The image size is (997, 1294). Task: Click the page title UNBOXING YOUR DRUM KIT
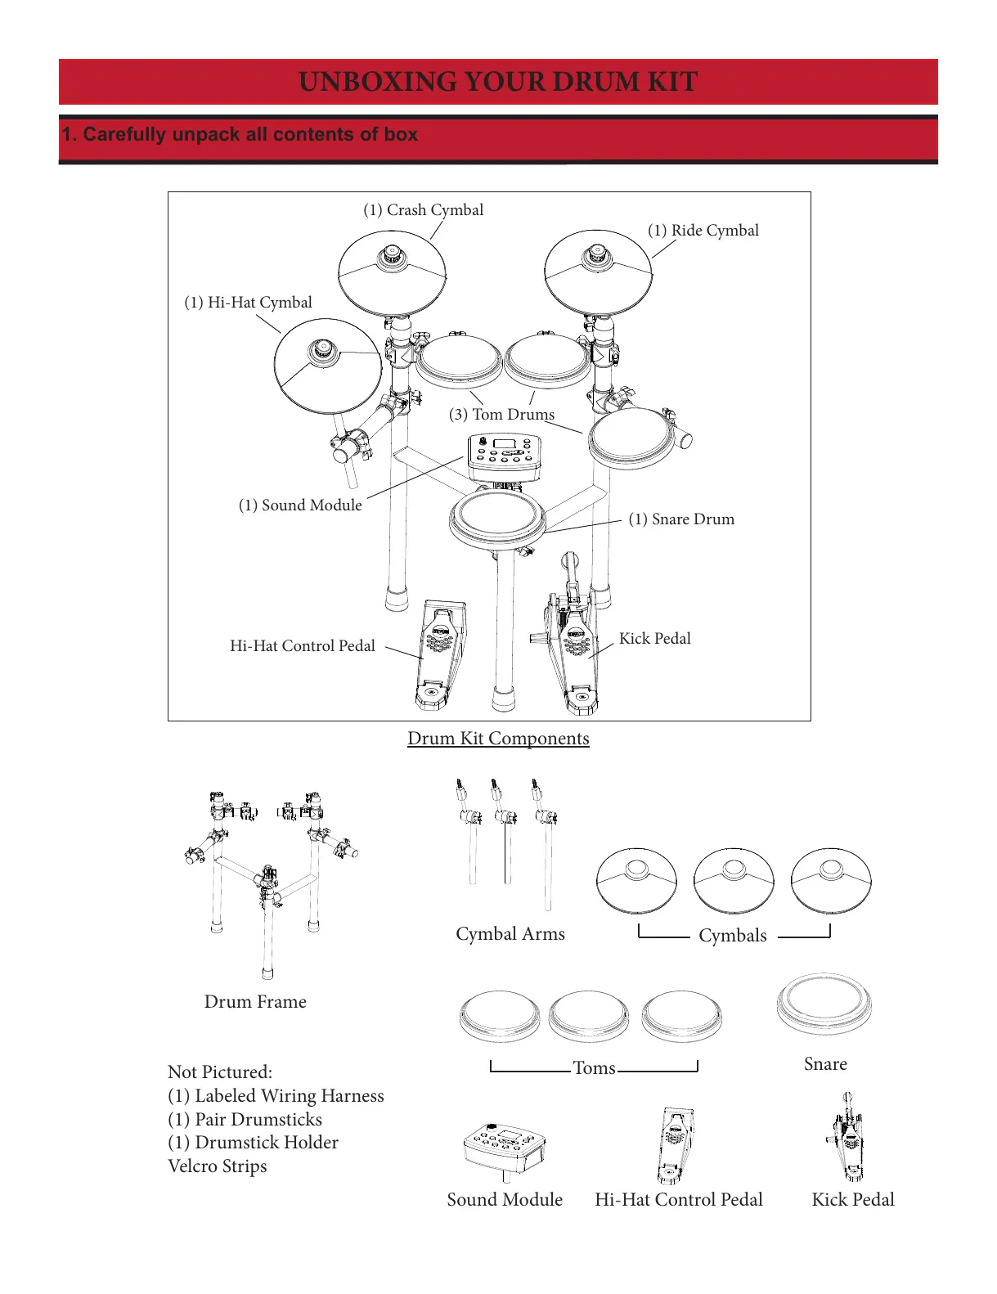pyautogui.click(x=498, y=82)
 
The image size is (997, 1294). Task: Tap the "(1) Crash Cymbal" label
pyautogui.click(x=423, y=210)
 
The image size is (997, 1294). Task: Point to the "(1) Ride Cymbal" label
pyautogui.click(x=703, y=231)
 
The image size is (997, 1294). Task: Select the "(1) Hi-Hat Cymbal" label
pyautogui.click(x=248, y=303)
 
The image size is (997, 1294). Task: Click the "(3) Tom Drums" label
pyautogui.click(x=501, y=415)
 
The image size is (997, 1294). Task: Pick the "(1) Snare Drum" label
pyautogui.click(x=681, y=519)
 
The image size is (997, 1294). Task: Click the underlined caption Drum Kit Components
pyautogui.click(x=498, y=739)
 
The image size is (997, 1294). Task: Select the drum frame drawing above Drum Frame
pyautogui.click(x=267, y=875)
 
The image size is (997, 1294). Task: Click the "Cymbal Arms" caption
pyautogui.click(x=510, y=934)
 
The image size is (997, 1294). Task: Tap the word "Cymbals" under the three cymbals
pyautogui.click(x=733, y=936)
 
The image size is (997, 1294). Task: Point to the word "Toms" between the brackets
pyautogui.click(x=594, y=1068)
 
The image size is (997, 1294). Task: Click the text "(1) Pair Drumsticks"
pyautogui.click(x=245, y=1120)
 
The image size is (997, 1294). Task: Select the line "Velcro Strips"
pyautogui.click(x=217, y=1166)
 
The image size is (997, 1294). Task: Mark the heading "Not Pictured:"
pyautogui.click(x=220, y=1072)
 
